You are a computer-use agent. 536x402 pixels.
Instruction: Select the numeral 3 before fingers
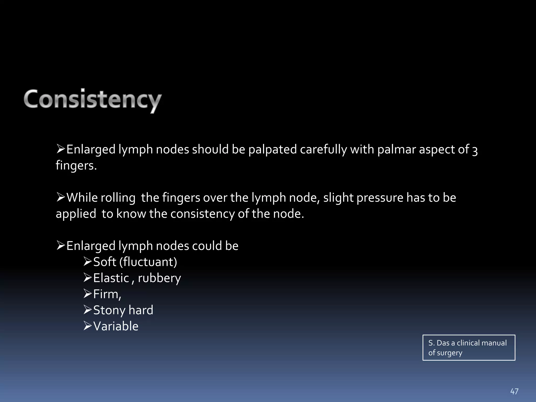coord(475,151)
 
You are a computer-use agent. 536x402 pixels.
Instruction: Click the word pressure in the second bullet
coord(380,198)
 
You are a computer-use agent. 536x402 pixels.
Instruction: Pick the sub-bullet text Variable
coord(116,326)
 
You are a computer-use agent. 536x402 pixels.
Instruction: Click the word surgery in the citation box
coord(449,353)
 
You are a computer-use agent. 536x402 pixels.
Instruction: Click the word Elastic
coord(111,278)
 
